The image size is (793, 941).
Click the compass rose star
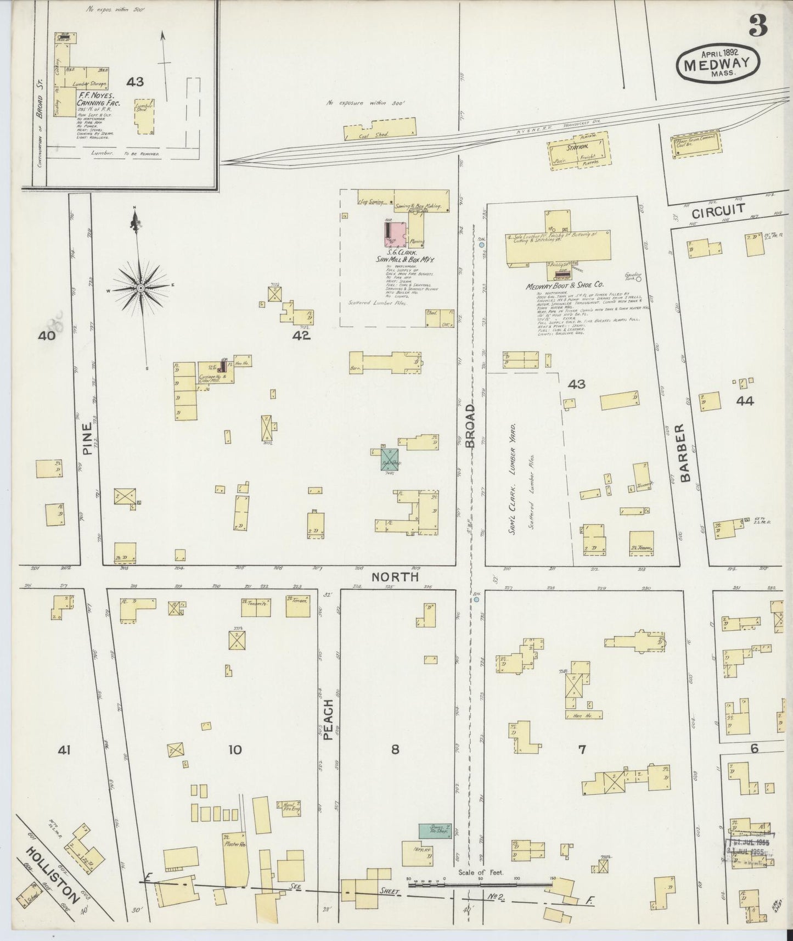(140, 288)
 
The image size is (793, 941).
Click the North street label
(395, 577)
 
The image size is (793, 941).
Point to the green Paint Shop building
(390, 459)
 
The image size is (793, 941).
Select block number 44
(745, 401)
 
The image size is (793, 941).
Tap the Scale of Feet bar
(481, 883)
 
